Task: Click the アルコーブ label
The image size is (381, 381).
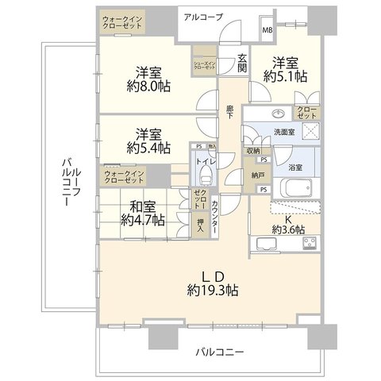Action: pyautogui.click(x=202, y=17)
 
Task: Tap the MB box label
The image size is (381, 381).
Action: pyautogui.click(x=266, y=31)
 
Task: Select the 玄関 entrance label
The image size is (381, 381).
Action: pyautogui.click(x=243, y=65)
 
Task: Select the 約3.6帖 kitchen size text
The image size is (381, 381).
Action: pyautogui.click(x=288, y=229)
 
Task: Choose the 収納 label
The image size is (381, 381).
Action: pyautogui.click(x=253, y=151)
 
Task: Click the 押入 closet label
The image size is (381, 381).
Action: pyautogui.click(x=200, y=225)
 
